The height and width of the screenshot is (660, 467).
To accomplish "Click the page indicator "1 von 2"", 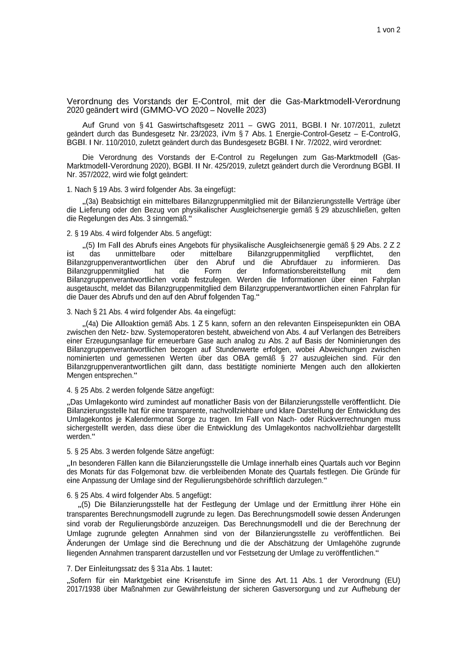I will (x=389, y=30).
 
